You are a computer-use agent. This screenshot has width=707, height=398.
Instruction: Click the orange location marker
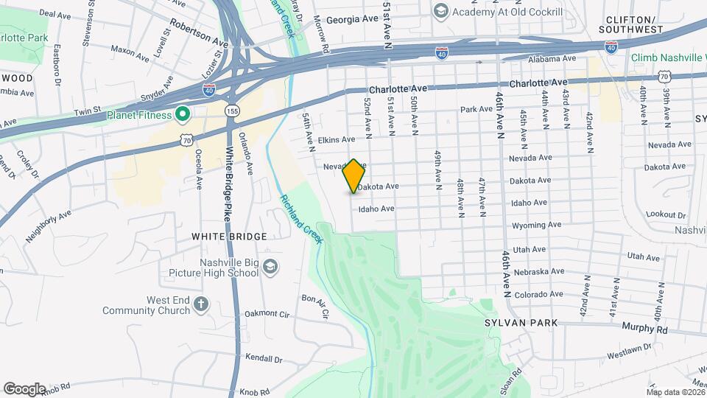pos(354,175)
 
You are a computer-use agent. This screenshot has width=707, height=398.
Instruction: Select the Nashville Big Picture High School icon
pos(270,266)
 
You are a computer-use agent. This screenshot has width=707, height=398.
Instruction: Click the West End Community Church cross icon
pos(202,303)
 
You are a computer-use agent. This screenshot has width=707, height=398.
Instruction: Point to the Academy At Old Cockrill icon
pos(440,11)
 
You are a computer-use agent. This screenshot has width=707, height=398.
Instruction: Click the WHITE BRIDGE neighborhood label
pos(229,237)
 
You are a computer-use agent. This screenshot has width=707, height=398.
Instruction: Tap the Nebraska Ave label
pos(539,272)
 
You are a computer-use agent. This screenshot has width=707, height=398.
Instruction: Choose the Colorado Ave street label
pos(539,295)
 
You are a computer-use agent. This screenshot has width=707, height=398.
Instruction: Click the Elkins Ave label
pos(337,139)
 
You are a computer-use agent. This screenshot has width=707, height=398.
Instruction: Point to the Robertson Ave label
pos(199,32)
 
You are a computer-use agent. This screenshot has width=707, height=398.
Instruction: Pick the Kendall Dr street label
pos(264,359)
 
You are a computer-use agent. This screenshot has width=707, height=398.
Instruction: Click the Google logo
pos(24,389)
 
